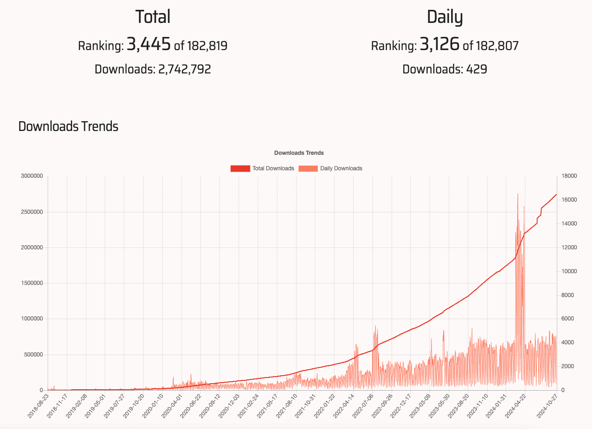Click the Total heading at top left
click(x=153, y=17)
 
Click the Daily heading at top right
click(x=445, y=17)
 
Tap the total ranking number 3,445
click(x=148, y=45)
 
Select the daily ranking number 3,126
click(x=440, y=45)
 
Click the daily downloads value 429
click(x=476, y=70)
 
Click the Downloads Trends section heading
click(x=68, y=126)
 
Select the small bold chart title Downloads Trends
click(x=299, y=153)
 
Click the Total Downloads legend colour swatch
click(x=240, y=168)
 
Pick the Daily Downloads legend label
click(x=341, y=168)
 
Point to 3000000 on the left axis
click(x=32, y=176)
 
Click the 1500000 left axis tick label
click(x=32, y=284)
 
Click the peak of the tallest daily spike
click(x=518, y=194)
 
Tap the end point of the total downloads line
click(x=556, y=195)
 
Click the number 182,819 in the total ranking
click(x=207, y=46)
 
